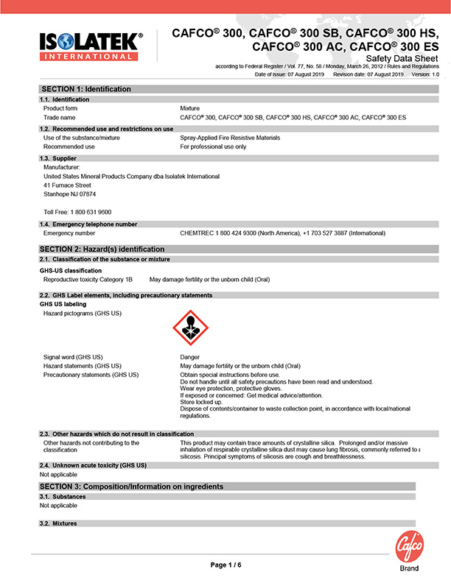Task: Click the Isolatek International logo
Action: coord(88,46)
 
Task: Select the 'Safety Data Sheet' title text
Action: coord(402,58)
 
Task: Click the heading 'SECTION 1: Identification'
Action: coord(87,89)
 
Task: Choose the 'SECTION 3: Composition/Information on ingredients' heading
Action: coord(131,487)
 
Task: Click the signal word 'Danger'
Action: coord(189,357)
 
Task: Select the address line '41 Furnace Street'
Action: coord(68,185)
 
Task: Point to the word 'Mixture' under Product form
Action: coord(190,108)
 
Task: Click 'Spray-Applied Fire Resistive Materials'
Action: coord(230,138)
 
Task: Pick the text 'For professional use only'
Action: coord(213,146)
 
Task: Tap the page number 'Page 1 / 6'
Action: coord(225,565)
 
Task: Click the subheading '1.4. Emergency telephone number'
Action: coord(88,224)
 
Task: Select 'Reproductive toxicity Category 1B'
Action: coord(88,280)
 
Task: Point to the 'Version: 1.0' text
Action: coord(425,74)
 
